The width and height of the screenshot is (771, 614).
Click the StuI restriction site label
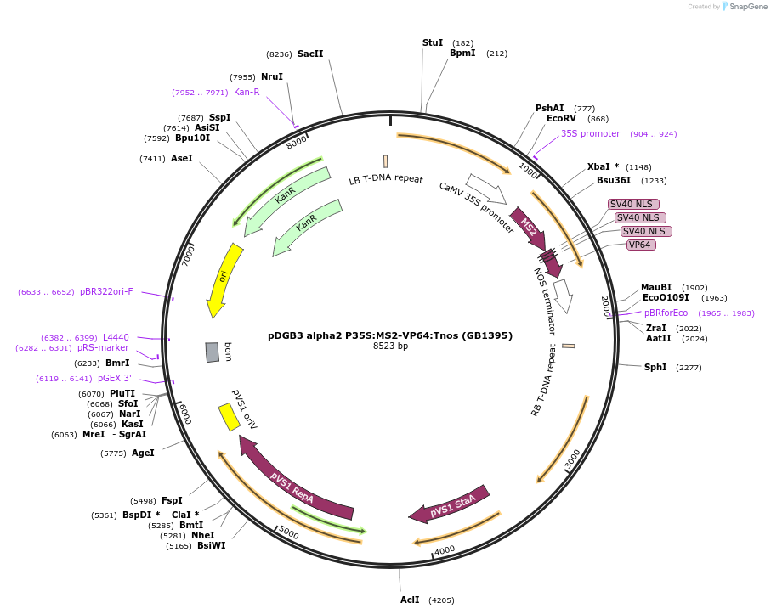[x=433, y=42]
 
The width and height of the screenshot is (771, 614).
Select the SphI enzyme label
[x=655, y=368]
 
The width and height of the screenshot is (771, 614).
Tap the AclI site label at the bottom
[x=410, y=600]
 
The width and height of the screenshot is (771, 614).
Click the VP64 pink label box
[x=640, y=245]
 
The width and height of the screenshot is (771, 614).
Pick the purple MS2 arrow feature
[x=528, y=227]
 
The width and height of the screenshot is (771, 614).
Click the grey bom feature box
[x=213, y=352]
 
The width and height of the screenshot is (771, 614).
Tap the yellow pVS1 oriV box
[x=229, y=417]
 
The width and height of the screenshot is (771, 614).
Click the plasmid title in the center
[x=390, y=335]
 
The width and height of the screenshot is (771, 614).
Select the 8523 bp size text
[x=390, y=346]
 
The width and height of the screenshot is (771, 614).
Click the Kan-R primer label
[x=247, y=92]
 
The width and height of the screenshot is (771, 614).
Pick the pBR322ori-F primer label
[x=106, y=292]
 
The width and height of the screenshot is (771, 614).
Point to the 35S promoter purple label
[x=590, y=133]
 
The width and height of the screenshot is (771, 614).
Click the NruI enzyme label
[x=272, y=76]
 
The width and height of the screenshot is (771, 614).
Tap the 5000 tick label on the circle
[x=289, y=532]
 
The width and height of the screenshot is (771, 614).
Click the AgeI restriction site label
[x=143, y=453]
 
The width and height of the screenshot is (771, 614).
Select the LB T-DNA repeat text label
[x=386, y=179]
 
